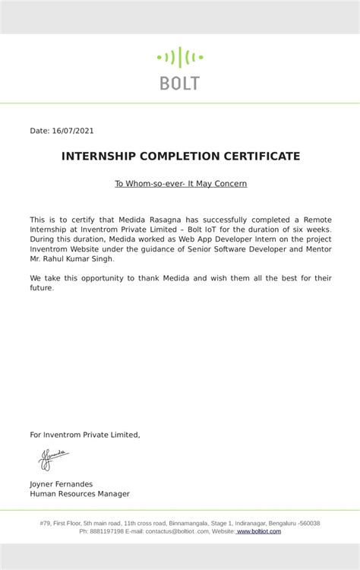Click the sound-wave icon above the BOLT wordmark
click(180, 57)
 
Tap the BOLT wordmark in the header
click(180, 83)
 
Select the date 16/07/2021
click(73, 131)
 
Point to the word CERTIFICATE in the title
click(262, 157)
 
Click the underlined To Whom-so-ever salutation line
click(181, 183)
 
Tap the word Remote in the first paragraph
click(317, 220)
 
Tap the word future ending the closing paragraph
click(41, 288)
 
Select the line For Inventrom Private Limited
click(85, 435)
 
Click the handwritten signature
click(53, 458)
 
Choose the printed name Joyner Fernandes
click(62, 484)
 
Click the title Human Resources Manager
click(80, 494)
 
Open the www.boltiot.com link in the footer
click(259, 531)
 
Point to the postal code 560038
click(311, 523)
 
